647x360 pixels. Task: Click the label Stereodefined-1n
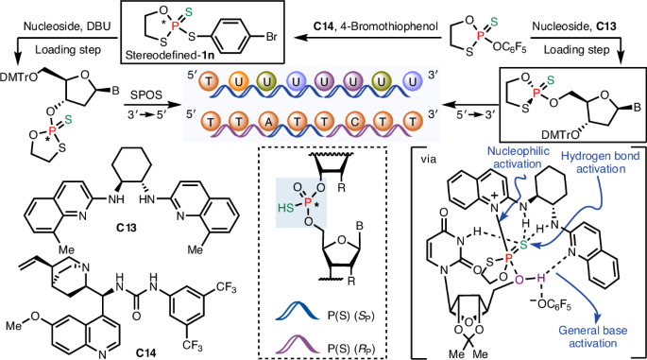[x=170, y=56]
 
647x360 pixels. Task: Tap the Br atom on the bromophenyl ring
[x=271, y=37]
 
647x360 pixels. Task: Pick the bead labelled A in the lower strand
[x=266, y=122]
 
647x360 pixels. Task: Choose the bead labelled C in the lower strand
[x=353, y=122]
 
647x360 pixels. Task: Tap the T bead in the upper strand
[x=209, y=81]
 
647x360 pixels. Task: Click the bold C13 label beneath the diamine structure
[x=127, y=228]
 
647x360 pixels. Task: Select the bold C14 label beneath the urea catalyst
[x=145, y=353]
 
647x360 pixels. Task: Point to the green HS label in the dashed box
[x=285, y=210]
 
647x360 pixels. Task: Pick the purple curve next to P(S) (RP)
[x=298, y=344]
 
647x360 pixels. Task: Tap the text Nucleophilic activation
[x=518, y=158]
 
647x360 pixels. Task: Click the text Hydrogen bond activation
[x=601, y=163]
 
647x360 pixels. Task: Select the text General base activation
[x=593, y=336]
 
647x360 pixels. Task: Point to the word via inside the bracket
[x=428, y=160]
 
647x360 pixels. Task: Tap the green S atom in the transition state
[x=523, y=246]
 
